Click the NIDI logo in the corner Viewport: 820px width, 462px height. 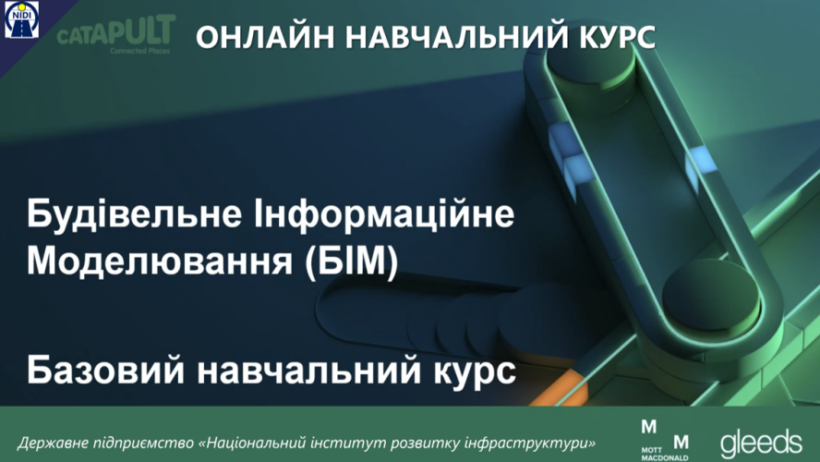(21, 20)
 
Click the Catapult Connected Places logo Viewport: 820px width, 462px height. (115, 34)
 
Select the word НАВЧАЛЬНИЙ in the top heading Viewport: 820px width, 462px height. (449, 37)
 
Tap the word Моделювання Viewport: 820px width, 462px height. (160, 261)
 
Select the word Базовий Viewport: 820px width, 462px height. (105, 371)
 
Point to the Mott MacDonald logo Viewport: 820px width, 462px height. (665, 440)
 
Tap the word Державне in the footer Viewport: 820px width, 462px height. (54, 444)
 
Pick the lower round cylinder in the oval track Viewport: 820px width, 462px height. (711, 295)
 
